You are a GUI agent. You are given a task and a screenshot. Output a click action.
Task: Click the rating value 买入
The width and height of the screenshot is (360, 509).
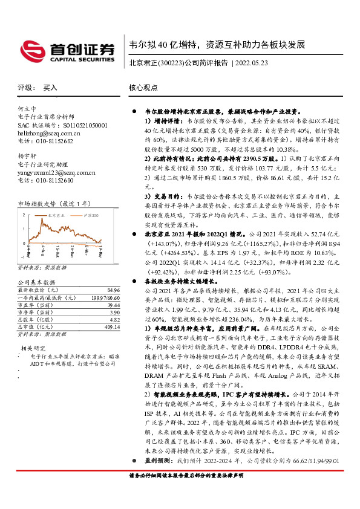[50, 88]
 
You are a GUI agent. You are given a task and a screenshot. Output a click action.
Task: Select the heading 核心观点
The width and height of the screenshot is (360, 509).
[144, 88]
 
